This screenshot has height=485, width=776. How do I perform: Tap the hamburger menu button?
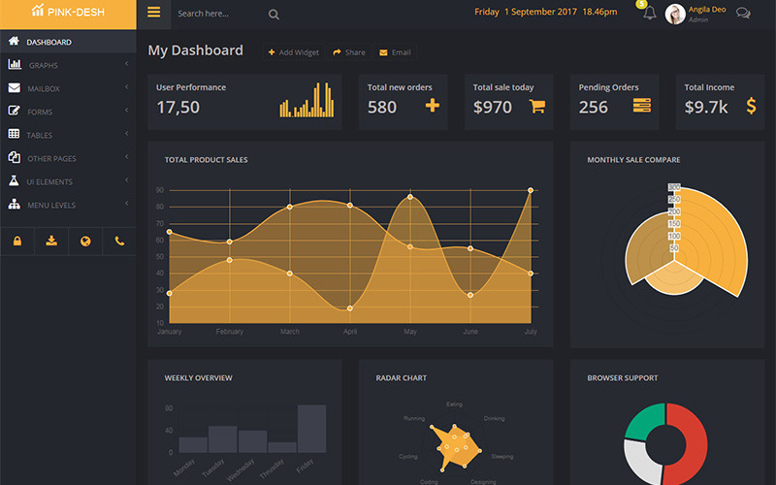coord(153,13)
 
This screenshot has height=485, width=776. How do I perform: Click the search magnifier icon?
coord(274,14)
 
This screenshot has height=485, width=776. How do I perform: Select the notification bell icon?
coord(649,13)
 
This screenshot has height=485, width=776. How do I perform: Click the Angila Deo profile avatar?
coord(675,14)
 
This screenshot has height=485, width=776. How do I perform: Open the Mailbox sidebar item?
coord(44,88)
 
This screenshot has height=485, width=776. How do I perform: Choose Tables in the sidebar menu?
coord(40,135)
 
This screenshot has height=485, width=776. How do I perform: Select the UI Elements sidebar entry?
coord(49,181)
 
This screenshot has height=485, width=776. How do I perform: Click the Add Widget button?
coord(293,52)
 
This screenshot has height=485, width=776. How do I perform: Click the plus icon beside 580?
coord(433,106)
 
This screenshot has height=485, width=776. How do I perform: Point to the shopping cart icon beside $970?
coord(537,107)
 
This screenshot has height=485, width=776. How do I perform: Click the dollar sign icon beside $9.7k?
coord(751,106)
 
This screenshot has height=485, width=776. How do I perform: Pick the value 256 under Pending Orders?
coord(594,107)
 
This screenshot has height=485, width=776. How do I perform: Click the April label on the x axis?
coord(350,332)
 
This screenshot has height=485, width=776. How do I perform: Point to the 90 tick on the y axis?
coord(159,190)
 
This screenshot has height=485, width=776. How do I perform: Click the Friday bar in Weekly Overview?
coord(311,428)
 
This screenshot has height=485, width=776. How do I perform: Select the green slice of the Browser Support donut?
coord(641,419)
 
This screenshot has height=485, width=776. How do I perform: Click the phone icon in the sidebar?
coord(119,241)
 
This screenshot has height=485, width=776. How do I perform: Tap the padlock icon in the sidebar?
coord(17,241)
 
